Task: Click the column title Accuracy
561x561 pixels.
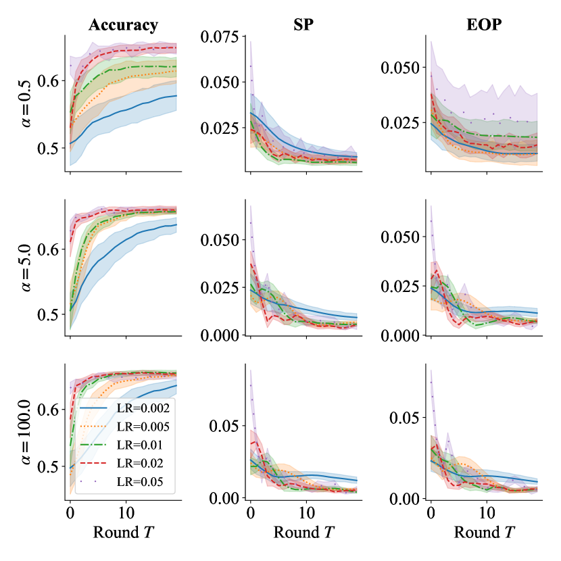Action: pyautogui.click(x=123, y=26)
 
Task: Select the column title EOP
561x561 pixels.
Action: pyautogui.click(x=483, y=26)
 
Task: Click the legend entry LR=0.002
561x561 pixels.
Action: pyautogui.click(x=138, y=410)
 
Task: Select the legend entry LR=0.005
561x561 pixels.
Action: pyautogui.click(x=138, y=427)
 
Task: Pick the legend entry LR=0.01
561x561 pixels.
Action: pyautogui.click(x=135, y=446)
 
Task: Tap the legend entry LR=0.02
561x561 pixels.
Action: pyautogui.click(x=135, y=464)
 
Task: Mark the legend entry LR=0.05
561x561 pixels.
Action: pyautogui.click(x=135, y=483)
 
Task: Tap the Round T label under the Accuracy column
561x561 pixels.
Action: pyautogui.click(x=123, y=532)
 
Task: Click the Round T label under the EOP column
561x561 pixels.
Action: pyautogui.click(x=483, y=532)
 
